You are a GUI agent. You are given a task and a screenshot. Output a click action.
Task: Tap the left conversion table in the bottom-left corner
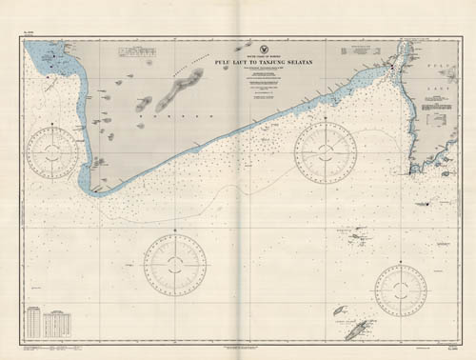click(x=34, y=324)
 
